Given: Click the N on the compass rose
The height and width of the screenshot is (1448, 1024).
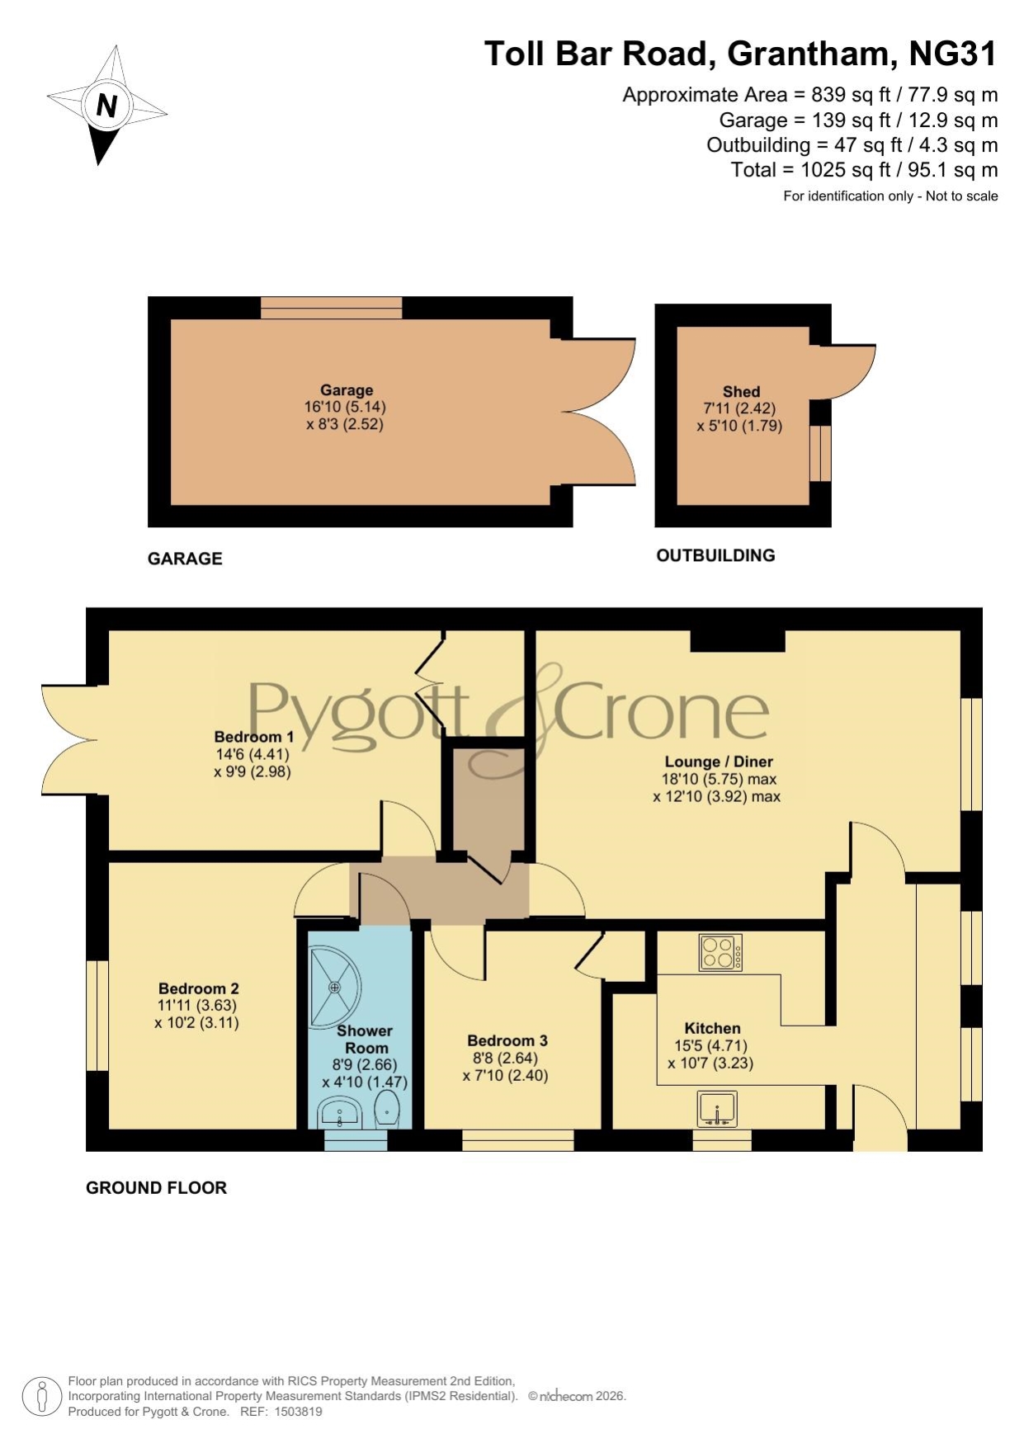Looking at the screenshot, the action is tap(106, 106).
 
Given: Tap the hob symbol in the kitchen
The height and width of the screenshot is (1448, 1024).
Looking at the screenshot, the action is tap(720, 952).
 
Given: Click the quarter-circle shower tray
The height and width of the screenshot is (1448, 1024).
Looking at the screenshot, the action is tap(335, 987).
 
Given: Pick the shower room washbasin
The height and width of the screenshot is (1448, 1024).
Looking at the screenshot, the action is tap(338, 1113).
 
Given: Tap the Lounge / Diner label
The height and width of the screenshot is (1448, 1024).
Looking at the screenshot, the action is tap(719, 762).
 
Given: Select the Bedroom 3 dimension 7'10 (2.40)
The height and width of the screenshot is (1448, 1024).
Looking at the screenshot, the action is tap(506, 1076).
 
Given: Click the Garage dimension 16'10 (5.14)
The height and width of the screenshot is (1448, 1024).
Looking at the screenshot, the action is tap(345, 407).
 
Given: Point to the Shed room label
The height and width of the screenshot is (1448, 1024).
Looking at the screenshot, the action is tap(741, 392).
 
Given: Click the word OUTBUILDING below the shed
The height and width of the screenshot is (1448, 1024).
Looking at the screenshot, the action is tap(715, 555).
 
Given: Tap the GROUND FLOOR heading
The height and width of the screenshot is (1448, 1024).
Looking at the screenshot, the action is tap(156, 1188).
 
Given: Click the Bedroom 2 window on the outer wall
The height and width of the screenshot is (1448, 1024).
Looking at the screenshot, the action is tap(97, 1015).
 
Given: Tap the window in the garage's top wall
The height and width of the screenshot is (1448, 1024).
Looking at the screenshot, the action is tap(331, 308).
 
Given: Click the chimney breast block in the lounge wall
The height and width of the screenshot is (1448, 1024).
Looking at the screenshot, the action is tap(737, 641).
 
